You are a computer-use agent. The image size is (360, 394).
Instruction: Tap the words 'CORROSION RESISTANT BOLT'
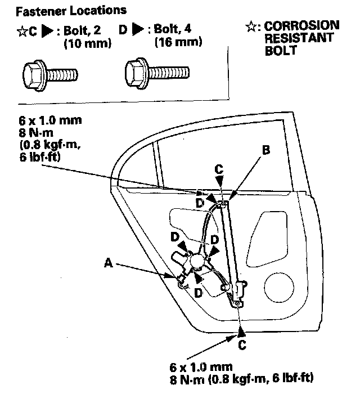pos(301,38)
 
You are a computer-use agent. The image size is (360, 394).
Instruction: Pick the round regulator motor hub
pos(197,261)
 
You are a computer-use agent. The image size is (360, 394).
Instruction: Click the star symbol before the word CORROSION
pos(251,26)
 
